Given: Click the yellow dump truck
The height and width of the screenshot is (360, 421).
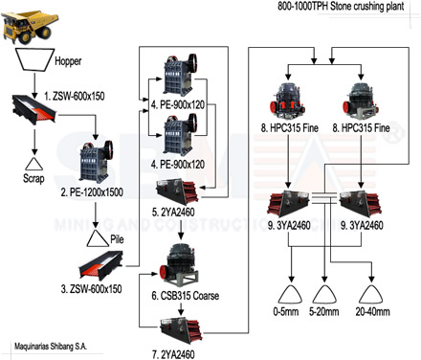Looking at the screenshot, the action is tap(31, 27).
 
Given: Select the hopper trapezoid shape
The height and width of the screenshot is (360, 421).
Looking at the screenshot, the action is tap(35, 59).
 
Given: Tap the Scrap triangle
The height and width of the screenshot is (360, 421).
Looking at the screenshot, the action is tap(34, 164).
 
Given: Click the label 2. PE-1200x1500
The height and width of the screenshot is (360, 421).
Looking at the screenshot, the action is tap(92, 192).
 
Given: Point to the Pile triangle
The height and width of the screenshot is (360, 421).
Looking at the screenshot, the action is tap(98, 239).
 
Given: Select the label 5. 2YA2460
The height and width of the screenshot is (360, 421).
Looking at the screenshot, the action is tap(173, 212).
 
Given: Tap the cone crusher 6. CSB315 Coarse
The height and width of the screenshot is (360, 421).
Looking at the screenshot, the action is tap(178, 266).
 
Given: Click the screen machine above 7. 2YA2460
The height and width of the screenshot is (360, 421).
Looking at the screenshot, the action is tap(181, 330).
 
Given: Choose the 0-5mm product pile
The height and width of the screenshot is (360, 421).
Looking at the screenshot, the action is tap(290, 294).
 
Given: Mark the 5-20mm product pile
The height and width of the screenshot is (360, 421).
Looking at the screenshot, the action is tap(324, 294).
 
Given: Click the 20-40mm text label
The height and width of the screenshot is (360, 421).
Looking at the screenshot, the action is tap(372, 311).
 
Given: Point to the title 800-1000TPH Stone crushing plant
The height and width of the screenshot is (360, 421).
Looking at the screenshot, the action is tap(341, 6).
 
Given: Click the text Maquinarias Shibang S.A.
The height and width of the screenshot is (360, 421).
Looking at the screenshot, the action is tap(51, 347).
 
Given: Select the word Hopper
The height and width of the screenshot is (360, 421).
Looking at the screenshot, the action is tap(68, 60).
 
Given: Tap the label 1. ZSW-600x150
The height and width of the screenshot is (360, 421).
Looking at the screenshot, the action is tap(75, 96).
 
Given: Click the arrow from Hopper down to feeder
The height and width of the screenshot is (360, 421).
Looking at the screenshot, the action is tap(34, 85).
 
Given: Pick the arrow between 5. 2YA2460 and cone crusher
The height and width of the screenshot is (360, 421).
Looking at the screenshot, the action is tap(181, 229).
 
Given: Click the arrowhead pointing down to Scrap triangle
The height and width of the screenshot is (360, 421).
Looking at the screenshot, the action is tap(34, 151).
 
